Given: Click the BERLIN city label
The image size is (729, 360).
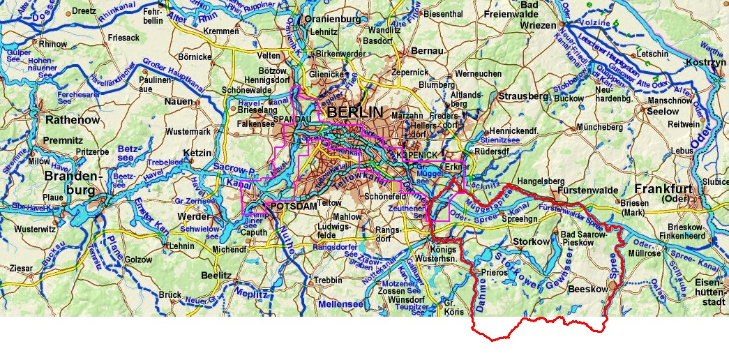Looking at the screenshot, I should [x=354, y=112].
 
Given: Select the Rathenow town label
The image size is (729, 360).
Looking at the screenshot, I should [x=73, y=120].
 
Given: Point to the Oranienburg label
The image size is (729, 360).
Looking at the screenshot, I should [x=332, y=19].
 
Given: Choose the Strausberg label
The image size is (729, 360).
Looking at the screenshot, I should [x=525, y=96].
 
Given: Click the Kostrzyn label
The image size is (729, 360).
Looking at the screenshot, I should [x=702, y=63].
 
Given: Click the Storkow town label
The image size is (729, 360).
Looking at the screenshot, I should [x=532, y=241].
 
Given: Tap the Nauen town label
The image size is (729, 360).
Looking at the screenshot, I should [x=179, y=102].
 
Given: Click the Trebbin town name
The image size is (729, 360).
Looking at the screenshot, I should [x=328, y=280].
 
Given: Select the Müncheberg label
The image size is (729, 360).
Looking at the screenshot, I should [x=599, y=127].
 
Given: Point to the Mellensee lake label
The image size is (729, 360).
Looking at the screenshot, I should [x=340, y=304].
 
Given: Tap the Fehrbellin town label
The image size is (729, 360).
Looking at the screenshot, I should [x=151, y=17].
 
